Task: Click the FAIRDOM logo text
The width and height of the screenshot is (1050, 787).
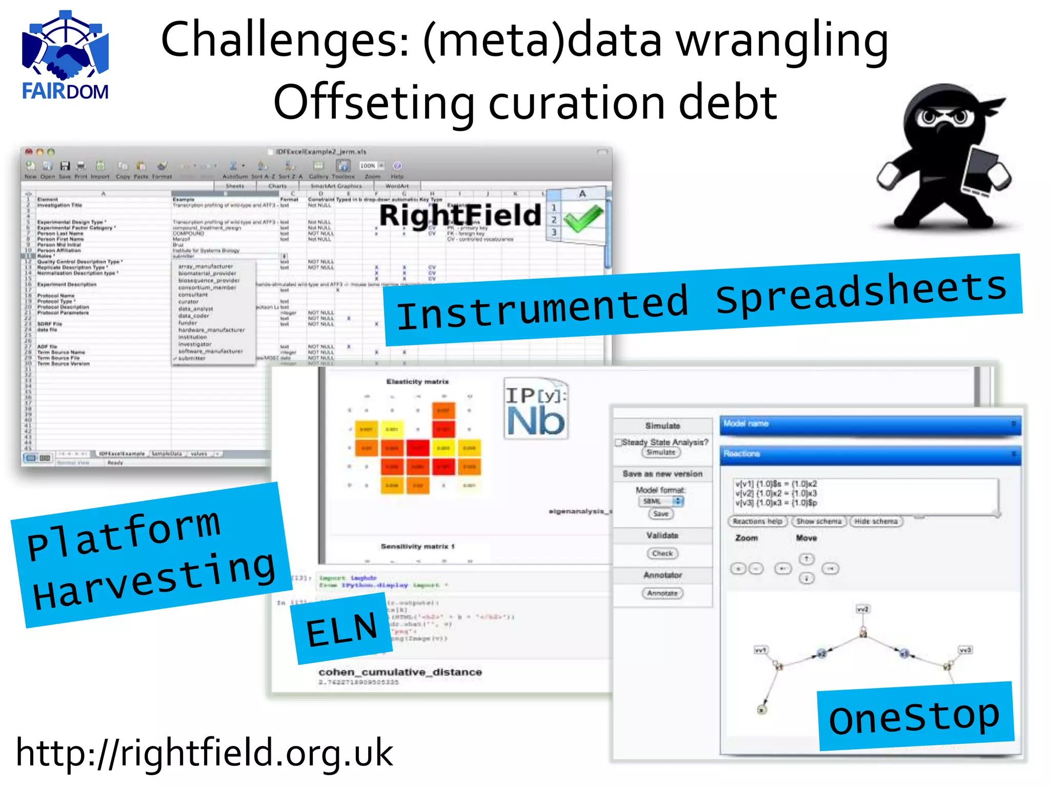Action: [65, 91]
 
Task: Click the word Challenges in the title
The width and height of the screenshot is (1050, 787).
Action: [285, 41]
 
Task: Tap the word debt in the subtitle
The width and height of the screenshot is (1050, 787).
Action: [728, 102]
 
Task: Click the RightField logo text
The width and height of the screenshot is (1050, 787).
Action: [460, 215]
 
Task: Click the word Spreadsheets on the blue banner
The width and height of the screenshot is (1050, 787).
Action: [861, 292]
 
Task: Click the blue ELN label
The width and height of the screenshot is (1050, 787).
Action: [341, 629]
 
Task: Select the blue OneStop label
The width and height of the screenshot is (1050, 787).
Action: [915, 716]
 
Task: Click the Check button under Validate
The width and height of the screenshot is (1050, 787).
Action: [662, 553]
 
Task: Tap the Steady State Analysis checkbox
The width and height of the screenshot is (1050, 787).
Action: [619, 442]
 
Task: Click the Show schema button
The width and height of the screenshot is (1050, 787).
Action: [819, 521]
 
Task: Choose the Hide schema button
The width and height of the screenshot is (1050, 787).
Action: [876, 521]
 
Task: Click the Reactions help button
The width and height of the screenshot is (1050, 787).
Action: [757, 521]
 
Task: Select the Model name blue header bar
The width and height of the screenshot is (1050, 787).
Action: [870, 424]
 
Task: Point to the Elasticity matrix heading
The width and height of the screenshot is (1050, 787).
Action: [417, 382]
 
